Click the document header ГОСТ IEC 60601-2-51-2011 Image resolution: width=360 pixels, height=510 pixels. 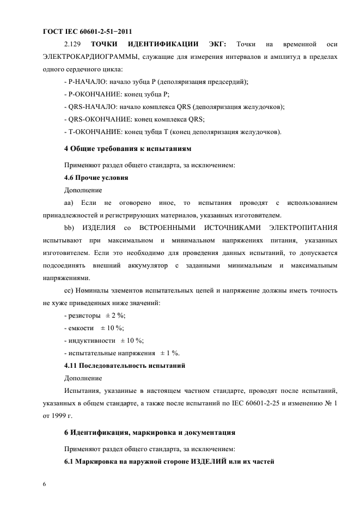(x=88, y=31)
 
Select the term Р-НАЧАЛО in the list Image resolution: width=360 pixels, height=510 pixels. (x=85, y=82)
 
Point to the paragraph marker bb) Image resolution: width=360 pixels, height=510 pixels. (x=70, y=228)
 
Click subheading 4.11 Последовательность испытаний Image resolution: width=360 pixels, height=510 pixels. (x=125, y=366)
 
